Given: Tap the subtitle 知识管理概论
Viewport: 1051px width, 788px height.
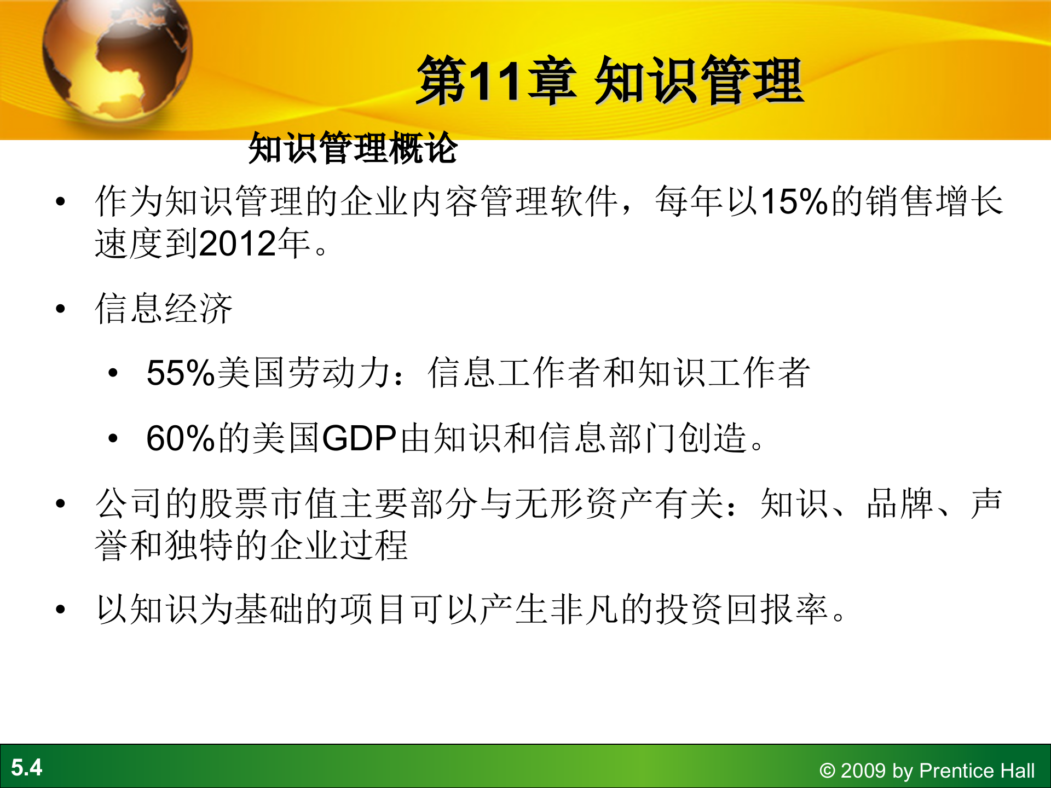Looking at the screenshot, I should pos(353,148).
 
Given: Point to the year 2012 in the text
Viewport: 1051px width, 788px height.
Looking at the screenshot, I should pos(238,244).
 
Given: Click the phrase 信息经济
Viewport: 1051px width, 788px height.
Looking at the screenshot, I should pos(164,309).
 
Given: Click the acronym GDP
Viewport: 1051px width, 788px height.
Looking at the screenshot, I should pos(359,438).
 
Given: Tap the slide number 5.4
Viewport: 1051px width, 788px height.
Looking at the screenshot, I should pos(26,767).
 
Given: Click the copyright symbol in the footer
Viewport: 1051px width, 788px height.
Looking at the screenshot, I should pos(827,771).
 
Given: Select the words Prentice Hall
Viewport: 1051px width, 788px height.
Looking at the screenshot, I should pos(977,770).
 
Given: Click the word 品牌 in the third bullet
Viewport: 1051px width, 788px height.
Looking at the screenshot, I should pos(900,503).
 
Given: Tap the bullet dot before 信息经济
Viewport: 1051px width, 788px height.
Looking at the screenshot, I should pos(60,309).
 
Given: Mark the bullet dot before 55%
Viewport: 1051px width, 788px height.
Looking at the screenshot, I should pos(113,373).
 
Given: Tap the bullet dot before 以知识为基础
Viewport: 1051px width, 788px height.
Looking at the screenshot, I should pos(60,610).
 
